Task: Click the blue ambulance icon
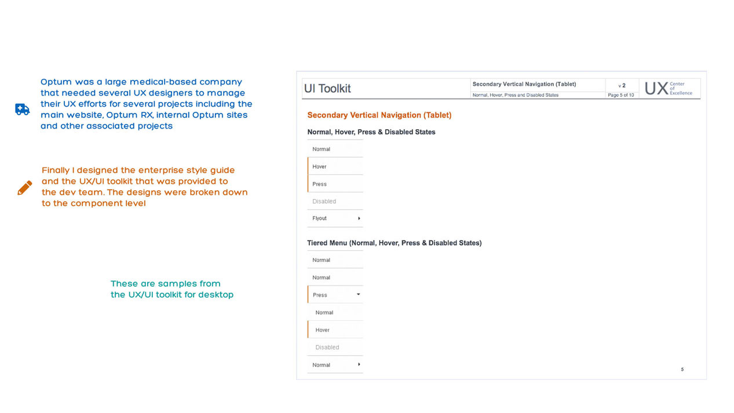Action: coord(22,109)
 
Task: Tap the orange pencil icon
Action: coord(25,188)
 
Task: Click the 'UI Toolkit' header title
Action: coord(327,89)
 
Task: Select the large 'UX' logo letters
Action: coord(656,89)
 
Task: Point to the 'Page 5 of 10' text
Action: coord(620,95)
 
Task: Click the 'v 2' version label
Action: coord(622,86)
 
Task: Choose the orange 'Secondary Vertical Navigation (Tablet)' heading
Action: coord(379,115)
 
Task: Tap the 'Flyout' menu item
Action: coord(320,218)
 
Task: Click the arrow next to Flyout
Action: coord(359,218)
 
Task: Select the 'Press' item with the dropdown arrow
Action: coord(320,295)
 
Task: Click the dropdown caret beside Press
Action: coord(359,294)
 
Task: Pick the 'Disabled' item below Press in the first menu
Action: coord(324,202)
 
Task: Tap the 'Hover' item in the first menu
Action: coord(320,167)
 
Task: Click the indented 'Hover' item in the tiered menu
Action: coord(323,330)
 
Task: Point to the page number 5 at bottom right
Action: coord(682,370)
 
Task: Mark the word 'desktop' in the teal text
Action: coord(216,295)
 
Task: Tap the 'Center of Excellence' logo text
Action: coord(681,89)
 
